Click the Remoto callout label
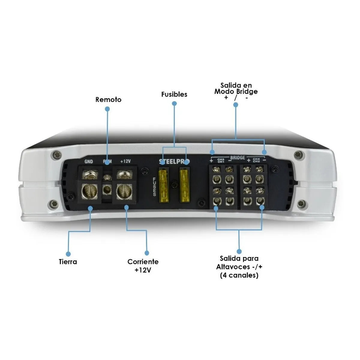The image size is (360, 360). tap(108, 100)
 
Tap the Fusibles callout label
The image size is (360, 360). tap(174, 94)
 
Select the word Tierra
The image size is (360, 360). tap(68, 262)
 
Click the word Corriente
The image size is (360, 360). tap(143, 262)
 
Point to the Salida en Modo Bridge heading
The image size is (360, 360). tap(236, 88)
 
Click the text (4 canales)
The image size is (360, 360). tap(239, 275)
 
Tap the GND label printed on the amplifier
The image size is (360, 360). tap(89, 161)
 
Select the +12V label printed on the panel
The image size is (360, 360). tap(125, 161)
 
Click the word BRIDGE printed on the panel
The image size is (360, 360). tap(238, 158)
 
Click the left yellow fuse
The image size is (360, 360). tap(165, 186)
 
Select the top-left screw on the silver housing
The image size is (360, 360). tap(57, 155)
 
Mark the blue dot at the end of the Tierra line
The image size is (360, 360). tap(68, 253)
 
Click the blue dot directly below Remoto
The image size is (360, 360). tap(107, 109)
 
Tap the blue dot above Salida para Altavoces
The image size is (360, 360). tap(239, 251)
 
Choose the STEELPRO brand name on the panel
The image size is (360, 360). tap(174, 162)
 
